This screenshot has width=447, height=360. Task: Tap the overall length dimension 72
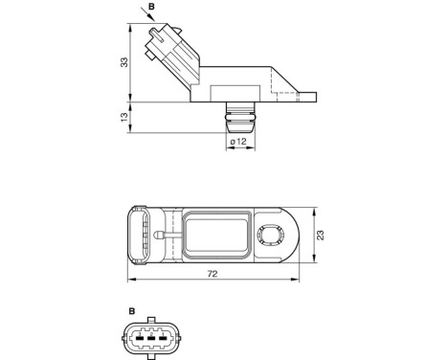pyautogui.click(x=212, y=275)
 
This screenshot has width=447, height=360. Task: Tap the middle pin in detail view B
pyautogui.click(x=149, y=338)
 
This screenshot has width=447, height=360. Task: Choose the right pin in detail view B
pyautogui.click(x=161, y=338)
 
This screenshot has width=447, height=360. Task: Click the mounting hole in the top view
pyautogui.click(x=269, y=236)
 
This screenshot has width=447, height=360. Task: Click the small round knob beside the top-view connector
pyautogui.click(x=167, y=232)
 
